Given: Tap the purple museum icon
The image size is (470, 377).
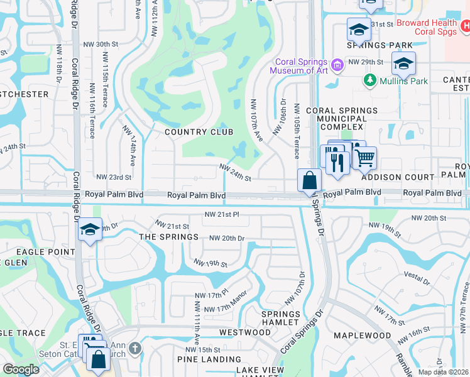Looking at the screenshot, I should [337, 64].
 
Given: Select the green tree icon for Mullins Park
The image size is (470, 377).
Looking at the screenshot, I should [369, 80].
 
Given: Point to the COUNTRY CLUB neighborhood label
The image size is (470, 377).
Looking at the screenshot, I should [199, 132].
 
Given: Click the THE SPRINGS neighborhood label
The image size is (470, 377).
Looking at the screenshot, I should [168, 237].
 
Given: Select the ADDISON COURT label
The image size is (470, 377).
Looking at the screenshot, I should [406, 178].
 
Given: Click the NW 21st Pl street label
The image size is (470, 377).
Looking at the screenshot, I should [222, 214].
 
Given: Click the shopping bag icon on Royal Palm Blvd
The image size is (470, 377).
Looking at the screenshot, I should [310, 181].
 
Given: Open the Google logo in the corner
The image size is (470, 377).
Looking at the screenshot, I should [21, 369].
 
